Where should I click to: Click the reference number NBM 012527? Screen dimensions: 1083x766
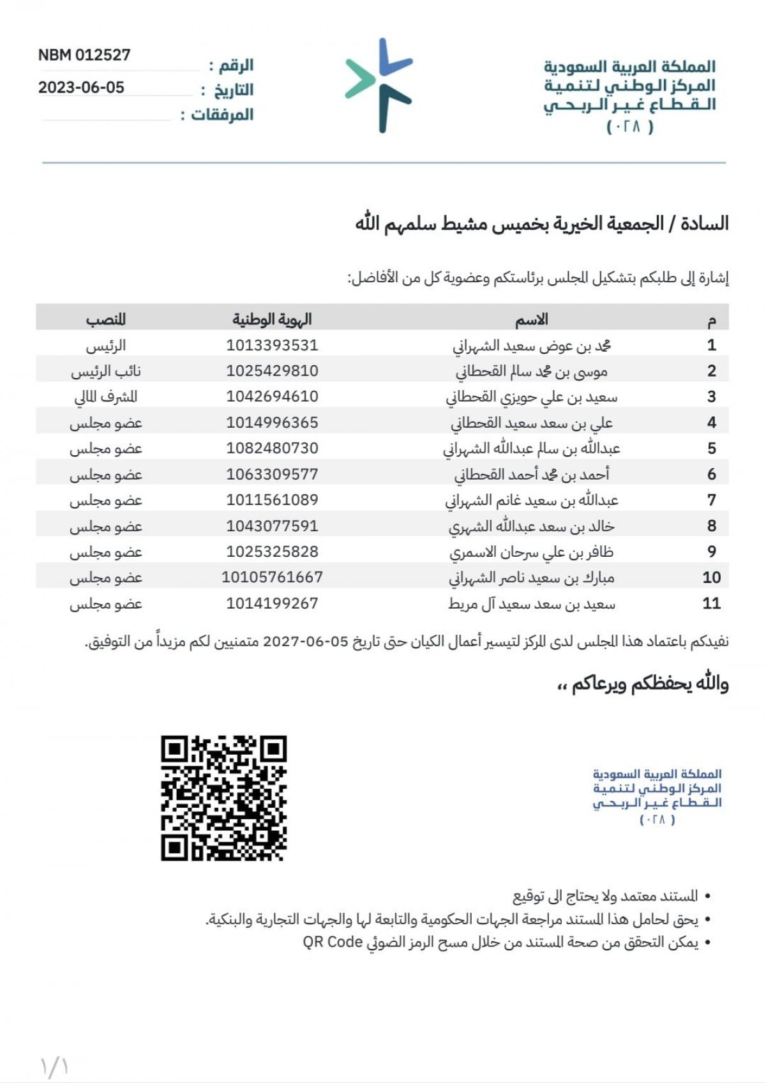[x=84, y=55]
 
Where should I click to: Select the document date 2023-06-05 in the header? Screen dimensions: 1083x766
[x=81, y=87]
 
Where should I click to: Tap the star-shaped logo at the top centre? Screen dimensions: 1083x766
[x=380, y=85]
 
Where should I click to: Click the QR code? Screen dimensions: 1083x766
[x=223, y=798]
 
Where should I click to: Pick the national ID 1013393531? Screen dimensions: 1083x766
[x=272, y=345]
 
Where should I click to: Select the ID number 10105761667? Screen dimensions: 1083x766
[x=272, y=578]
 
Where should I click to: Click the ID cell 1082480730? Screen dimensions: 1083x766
[x=272, y=448]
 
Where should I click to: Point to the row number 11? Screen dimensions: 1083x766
[x=711, y=603]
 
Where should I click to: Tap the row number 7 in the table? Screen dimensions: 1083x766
[x=712, y=500]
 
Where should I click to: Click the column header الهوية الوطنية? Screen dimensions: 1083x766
[x=272, y=319]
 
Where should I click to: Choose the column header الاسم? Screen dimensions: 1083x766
[x=532, y=319]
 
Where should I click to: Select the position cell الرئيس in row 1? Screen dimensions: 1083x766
[x=106, y=345]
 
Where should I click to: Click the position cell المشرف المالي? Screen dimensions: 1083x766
[x=106, y=397]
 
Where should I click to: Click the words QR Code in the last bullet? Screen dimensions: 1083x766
[x=332, y=943]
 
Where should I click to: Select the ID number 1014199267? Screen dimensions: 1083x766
[x=272, y=603]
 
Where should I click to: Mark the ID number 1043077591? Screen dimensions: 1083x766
[x=272, y=526]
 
